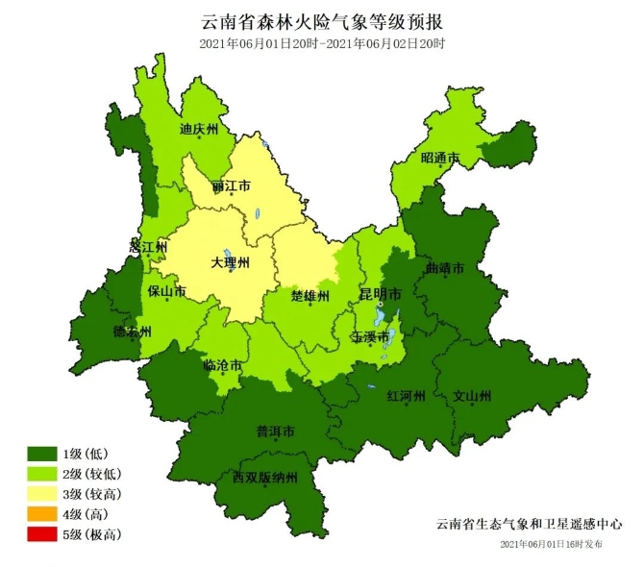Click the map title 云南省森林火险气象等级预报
coord(322,21)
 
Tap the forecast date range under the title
coord(322,44)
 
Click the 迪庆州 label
coord(200,128)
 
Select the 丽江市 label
coord(232,185)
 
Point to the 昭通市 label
coord(440,158)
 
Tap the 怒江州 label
coord(149,247)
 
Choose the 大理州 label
coord(231,261)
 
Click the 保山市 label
coord(167,290)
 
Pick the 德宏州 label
coord(133,332)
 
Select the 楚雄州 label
coord(310,295)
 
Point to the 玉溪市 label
coord(370,337)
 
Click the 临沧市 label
coord(222,364)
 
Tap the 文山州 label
coord(473,395)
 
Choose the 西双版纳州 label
coord(265,477)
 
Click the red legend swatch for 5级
coord(42,534)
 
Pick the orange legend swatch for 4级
coord(42,514)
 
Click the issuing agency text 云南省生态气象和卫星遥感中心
coord(529,525)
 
